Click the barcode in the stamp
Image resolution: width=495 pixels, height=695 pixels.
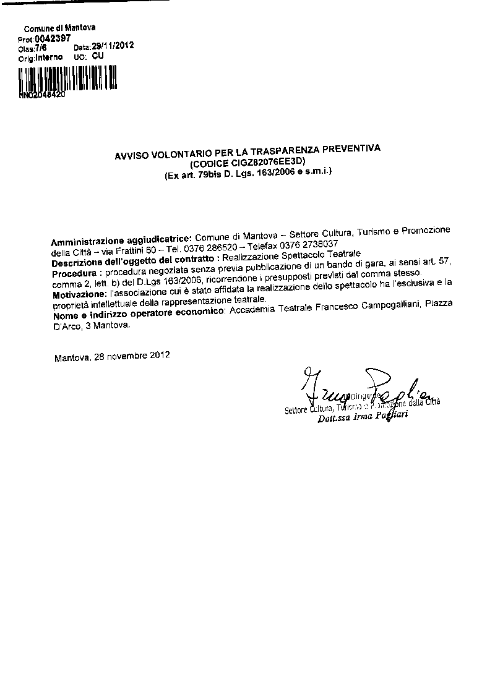point(67,79)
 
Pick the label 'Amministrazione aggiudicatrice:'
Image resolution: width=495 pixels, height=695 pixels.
point(122,238)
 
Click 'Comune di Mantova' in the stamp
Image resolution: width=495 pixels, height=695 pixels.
point(59,28)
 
